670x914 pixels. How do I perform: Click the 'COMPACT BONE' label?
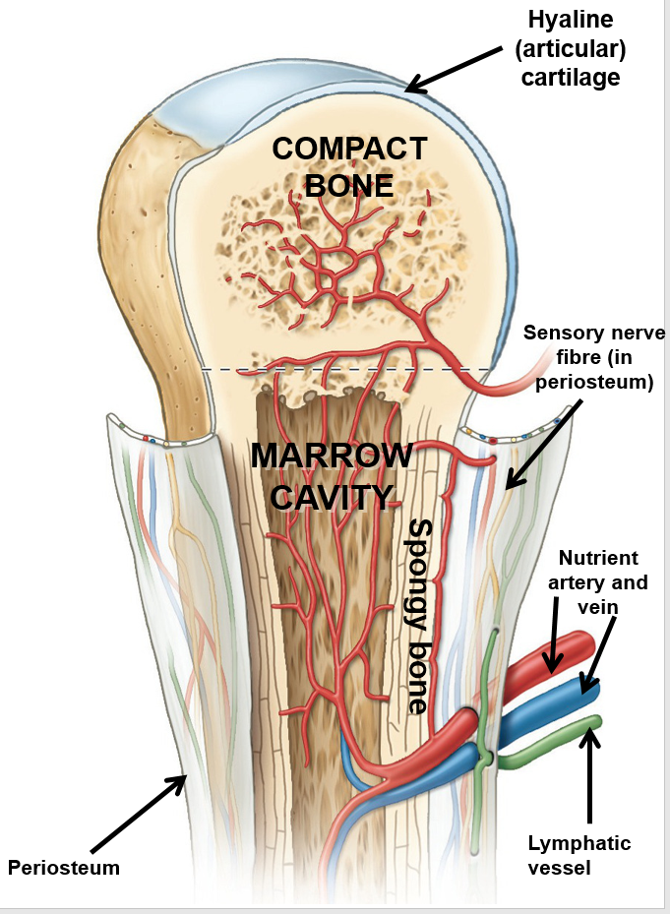[x=349, y=166]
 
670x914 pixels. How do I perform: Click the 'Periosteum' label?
[x=64, y=868]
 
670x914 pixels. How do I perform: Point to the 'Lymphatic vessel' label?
[x=579, y=854]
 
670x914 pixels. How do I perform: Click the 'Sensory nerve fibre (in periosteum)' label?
[x=594, y=357]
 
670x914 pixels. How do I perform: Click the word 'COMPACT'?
[x=349, y=149]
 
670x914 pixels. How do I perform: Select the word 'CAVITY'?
[x=331, y=496]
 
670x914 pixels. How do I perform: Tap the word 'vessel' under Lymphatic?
[x=561, y=866]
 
